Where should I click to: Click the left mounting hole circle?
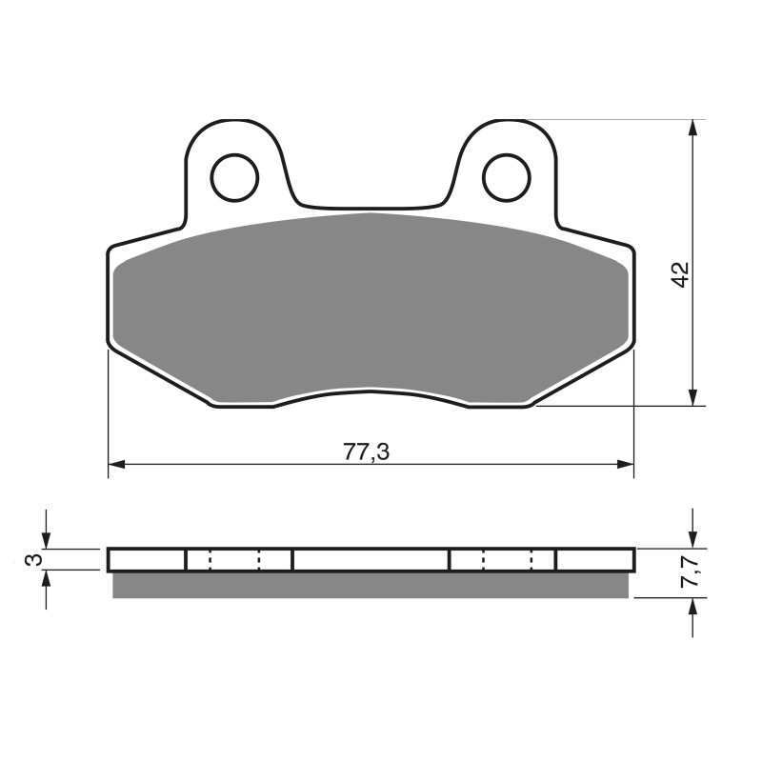(x=234, y=177)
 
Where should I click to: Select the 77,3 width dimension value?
(x=366, y=452)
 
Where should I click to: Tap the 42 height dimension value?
(x=679, y=274)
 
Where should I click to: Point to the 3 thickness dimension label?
(x=33, y=559)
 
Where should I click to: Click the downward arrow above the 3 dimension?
(x=46, y=540)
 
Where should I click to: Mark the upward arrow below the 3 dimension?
(x=46, y=579)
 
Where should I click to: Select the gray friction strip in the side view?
(x=371, y=585)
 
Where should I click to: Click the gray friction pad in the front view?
(x=371, y=305)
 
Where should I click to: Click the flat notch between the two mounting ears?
(x=371, y=205)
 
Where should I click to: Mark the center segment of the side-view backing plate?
(x=371, y=560)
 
